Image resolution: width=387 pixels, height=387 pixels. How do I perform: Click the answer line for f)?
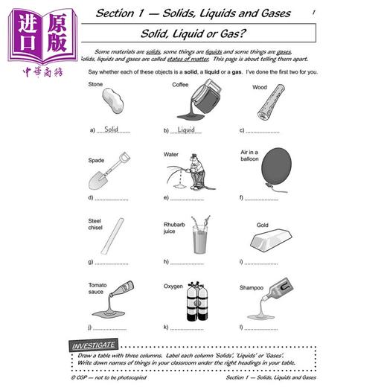click(262, 198)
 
